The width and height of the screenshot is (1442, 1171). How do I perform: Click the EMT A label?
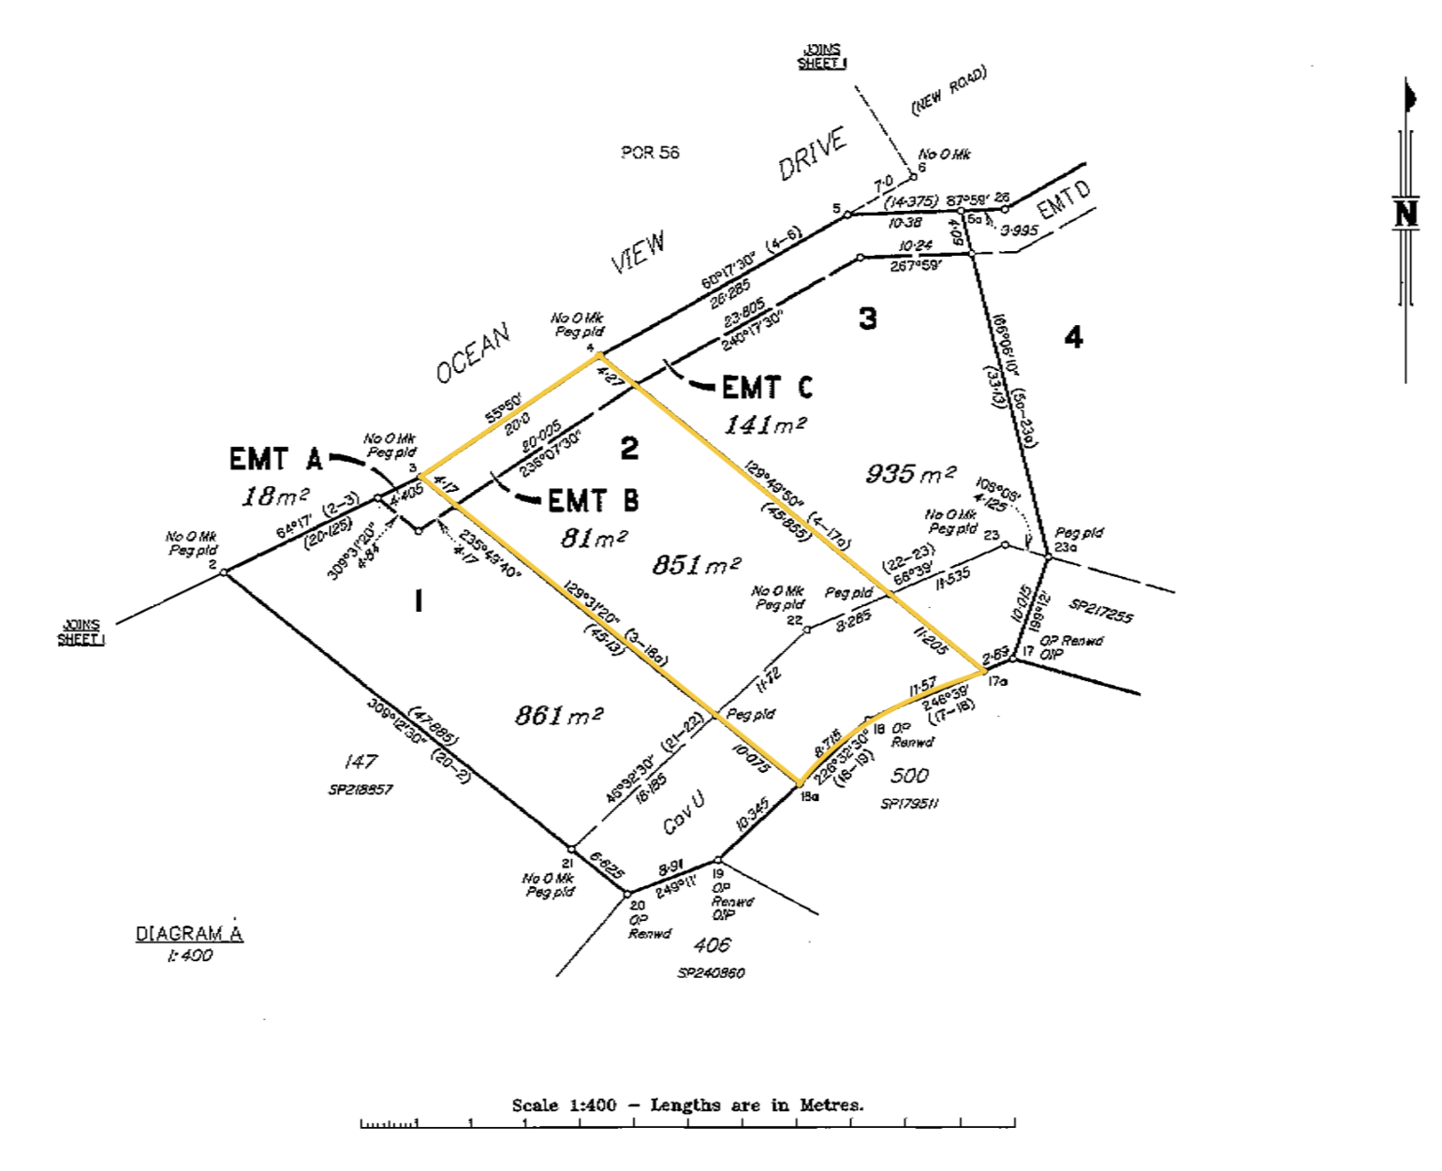[x=275, y=459]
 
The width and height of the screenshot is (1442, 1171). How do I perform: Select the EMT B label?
[x=593, y=501]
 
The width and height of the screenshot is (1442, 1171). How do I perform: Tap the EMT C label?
[x=767, y=387]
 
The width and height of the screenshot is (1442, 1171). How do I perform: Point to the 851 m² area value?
[x=696, y=565]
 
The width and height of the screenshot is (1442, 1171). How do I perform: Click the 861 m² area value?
[x=558, y=716]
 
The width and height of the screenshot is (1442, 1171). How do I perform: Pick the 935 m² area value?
[x=910, y=473]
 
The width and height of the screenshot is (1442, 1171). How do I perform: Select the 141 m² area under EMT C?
[x=765, y=424]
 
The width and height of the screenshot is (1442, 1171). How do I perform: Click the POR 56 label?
[x=650, y=153]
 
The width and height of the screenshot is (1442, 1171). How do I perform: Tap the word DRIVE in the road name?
[x=812, y=153]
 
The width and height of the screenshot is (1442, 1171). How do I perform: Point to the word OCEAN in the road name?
[x=473, y=353]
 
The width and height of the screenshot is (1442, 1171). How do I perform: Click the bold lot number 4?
[x=1073, y=337]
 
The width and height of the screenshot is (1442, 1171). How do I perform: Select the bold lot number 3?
[x=868, y=319]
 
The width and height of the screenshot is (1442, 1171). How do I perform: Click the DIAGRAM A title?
[x=189, y=934]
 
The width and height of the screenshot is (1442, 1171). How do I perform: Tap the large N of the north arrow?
[x=1406, y=215]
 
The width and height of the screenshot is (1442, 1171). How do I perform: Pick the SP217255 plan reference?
[x=1100, y=611]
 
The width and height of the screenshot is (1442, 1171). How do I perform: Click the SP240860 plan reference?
[x=711, y=973]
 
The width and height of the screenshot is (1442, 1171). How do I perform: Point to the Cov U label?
[x=684, y=812]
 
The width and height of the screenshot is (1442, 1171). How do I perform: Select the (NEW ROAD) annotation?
[x=949, y=91]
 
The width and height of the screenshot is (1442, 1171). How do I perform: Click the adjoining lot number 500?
[x=909, y=775]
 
